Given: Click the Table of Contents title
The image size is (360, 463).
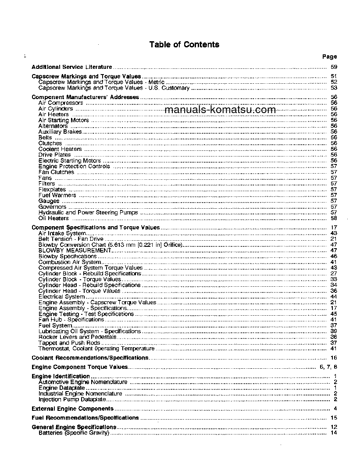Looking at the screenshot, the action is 184,44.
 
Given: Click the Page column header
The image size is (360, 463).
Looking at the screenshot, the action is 329,57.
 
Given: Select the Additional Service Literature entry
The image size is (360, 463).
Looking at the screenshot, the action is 72,67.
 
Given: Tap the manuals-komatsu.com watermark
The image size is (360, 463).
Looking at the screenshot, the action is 220,110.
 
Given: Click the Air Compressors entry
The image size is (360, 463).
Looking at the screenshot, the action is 61,103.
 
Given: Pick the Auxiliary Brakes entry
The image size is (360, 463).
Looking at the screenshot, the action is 61,132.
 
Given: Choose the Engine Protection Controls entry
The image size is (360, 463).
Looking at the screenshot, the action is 74,166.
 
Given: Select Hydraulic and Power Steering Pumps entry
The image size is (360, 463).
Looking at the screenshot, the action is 88,212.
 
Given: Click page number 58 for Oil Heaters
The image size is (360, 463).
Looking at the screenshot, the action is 334,218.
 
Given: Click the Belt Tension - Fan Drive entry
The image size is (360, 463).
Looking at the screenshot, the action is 65,239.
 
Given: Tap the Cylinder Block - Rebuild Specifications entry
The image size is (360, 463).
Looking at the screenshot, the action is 90,273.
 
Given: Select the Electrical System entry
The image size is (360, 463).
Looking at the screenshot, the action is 61,296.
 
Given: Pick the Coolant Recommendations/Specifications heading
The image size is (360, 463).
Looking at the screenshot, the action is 90,358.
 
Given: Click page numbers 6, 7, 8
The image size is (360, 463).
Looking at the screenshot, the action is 328,367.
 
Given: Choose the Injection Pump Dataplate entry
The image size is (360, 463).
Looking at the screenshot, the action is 72,399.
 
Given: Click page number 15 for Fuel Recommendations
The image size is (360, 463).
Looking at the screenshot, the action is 334,418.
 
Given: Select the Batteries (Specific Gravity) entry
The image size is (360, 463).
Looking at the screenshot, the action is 74,433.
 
